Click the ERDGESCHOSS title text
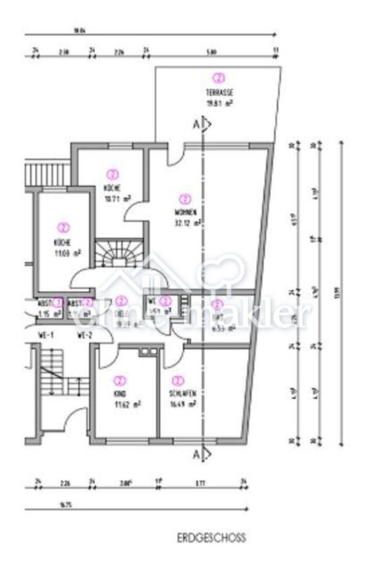pos(211,538)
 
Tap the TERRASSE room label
pos(219,93)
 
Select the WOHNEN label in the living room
pos(185,214)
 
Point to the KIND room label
pos(118,394)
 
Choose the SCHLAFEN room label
pos(180,394)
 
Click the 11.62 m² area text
pos(128,404)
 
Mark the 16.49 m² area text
pos(182,404)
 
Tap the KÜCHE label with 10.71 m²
pos(112,188)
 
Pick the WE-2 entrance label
pos(85,336)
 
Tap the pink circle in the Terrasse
pos(219,78)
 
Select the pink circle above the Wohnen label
pos(185,199)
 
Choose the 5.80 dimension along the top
pos(211,51)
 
